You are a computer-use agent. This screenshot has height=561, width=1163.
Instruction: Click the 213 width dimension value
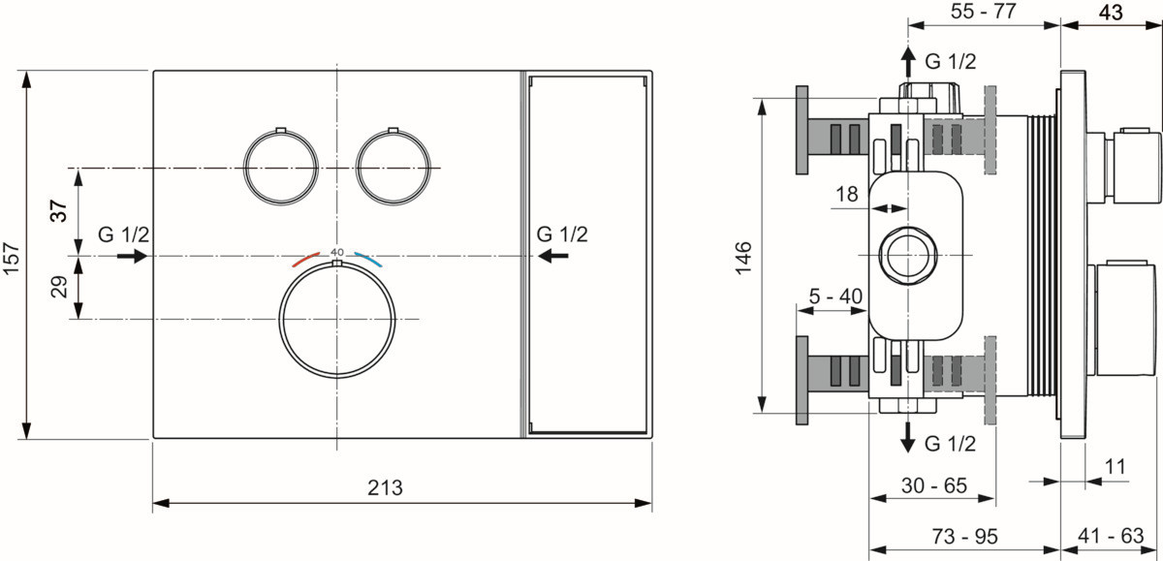pos(385,487)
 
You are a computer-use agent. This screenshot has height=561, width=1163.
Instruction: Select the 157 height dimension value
pos(12,258)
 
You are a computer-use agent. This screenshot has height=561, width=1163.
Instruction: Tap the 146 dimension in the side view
pos(743,258)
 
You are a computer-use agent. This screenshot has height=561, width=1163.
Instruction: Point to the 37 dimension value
pos(59,210)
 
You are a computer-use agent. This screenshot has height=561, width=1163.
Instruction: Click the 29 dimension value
pos(59,287)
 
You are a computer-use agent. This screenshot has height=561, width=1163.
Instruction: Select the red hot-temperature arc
pos(306,259)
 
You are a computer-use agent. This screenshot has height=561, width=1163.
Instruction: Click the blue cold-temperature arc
pos(368,259)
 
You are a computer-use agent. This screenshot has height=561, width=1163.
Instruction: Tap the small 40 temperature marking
pos(337,252)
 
